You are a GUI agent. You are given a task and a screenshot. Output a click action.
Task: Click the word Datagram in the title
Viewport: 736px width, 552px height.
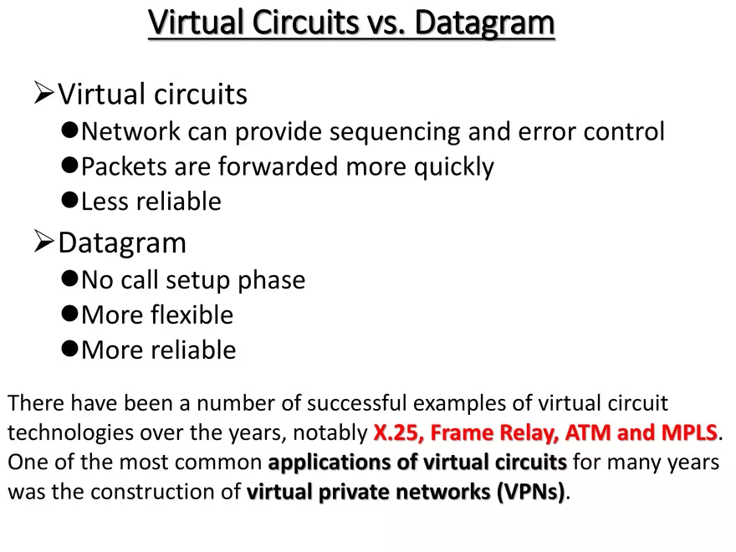coord(484,23)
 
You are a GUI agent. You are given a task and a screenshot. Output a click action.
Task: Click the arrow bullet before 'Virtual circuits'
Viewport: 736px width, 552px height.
coord(43,93)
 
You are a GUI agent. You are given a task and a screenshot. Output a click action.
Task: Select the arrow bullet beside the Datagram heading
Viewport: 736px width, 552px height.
coord(43,241)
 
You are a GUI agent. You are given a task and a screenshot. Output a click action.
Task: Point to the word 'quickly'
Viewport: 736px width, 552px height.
coord(454,167)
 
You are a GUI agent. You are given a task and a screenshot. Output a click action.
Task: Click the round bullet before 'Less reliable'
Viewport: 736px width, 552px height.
coord(69,200)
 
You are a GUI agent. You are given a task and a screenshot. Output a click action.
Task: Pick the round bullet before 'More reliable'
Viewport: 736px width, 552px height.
coord(69,348)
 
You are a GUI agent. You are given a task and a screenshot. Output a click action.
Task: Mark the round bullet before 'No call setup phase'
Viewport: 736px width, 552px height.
coord(69,279)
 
